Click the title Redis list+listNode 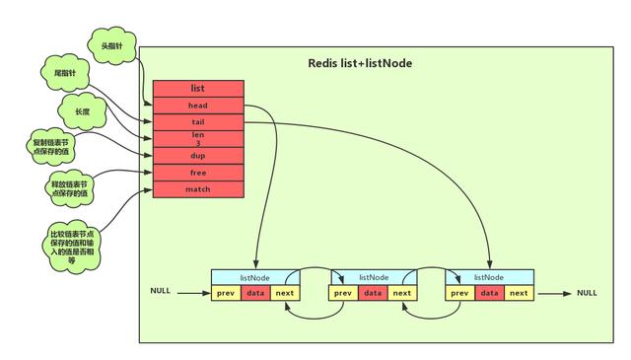tap(361, 63)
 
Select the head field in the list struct tap(197, 105)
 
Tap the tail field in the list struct tap(197, 122)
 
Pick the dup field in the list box tap(197, 156)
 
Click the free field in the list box tap(197, 173)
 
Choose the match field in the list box tap(197, 188)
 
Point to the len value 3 tap(197, 143)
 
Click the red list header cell tap(197, 88)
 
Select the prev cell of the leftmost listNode tap(226, 293)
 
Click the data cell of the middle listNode tap(373, 293)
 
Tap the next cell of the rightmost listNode tap(519, 293)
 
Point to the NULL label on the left tap(161, 293)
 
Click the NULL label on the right tap(587, 293)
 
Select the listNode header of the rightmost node tap(490, 278)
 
